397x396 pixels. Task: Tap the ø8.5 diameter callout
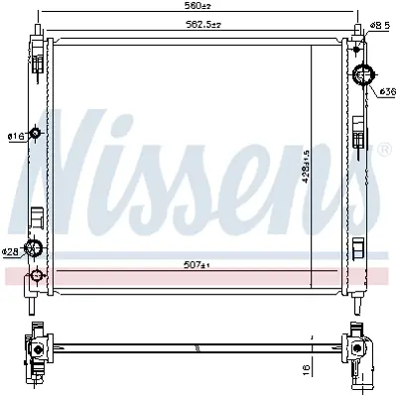[x=378, y=24]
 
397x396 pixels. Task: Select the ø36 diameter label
[x=387, y=91]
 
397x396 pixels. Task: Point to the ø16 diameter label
[x=14, y=136]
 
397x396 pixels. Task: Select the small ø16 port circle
[x=37, y=134]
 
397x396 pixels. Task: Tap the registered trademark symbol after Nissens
[x=383, y=149]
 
